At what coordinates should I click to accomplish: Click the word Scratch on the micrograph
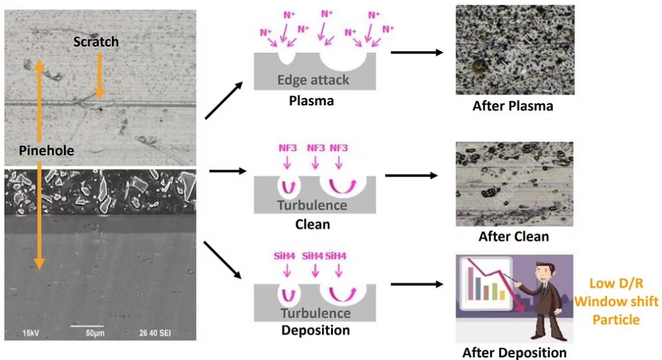[96, 42]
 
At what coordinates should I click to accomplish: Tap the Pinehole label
[46, 151]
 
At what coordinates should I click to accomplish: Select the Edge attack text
[313, 80]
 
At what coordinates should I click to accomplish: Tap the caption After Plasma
[513, 106]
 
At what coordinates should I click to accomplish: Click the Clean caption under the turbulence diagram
[312, 225]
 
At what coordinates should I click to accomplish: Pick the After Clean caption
[513, 237]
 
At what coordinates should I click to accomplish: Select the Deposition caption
[315, 330]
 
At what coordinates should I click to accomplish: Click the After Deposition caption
[514, 352]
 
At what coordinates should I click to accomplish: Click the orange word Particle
[617, 319]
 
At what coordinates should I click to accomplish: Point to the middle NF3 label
[315, 148]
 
